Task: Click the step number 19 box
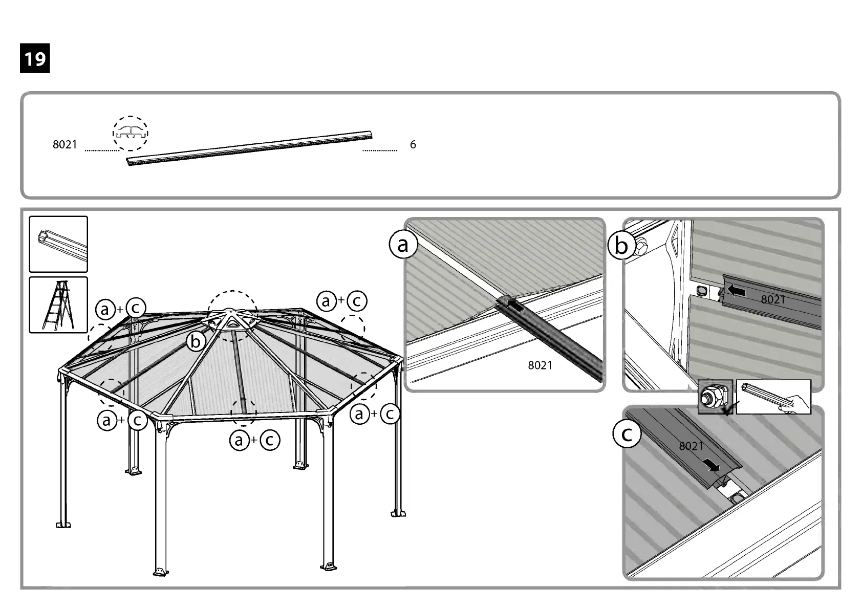pyautogui.click(x=35, y=59)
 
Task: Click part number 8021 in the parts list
pyautogui.click(x=65, y=145)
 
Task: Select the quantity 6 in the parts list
pyautogui.click(x=413, y=145)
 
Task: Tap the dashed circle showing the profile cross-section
pyautogui.click(x=131, y=133)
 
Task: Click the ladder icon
pyautogui.click(x=58, y=305)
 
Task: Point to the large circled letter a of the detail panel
pyautogui.click(x=403, y=244)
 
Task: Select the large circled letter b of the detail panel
pyautogui.click(x=621, y=246)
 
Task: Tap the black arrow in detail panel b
pyautogui.click(x=736, y=291)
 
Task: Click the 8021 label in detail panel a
pyautogui.click(x=540, y=365)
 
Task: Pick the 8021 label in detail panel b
pyautogui.click(x=772, y=300)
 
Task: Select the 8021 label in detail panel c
pyautogui.click(x=691, y=446)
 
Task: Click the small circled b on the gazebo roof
pyautogui.click(x=196, y=341)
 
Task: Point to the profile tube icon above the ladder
pyautogui.click(x=58, y=244)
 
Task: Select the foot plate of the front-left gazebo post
pyautogui.click(x=161, y=571)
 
